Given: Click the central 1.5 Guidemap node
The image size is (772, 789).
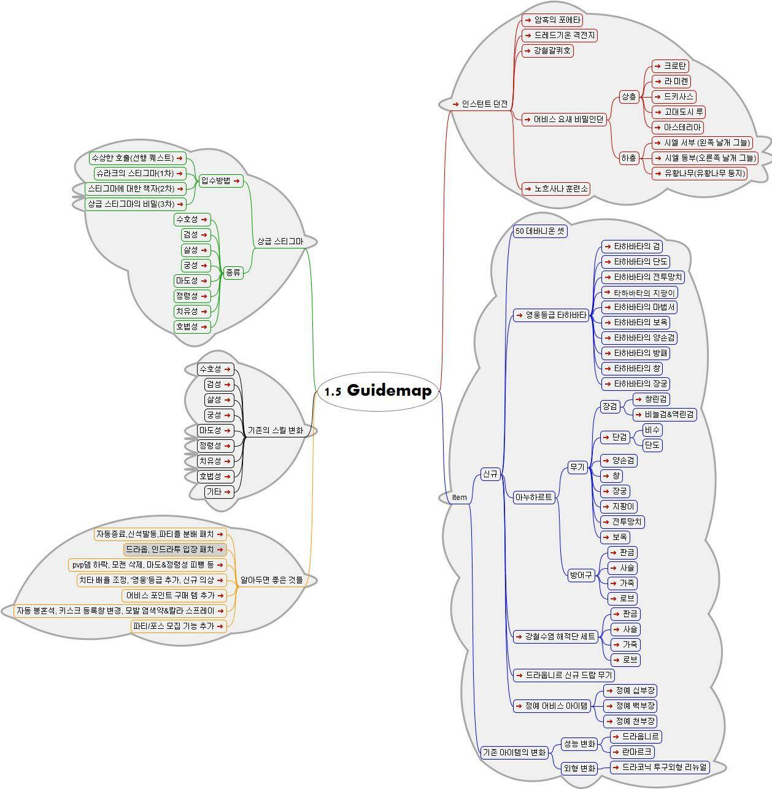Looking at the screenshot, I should (x=378, y=391).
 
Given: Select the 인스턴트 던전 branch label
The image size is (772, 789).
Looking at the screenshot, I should (x=481, y=104).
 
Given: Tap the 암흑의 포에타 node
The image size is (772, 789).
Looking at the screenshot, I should (x=552, y=20).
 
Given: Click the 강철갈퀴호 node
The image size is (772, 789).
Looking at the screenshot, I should (x=547, y=51).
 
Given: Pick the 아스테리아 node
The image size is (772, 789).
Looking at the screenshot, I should (x=677, y=128).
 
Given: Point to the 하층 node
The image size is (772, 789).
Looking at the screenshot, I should (x=629, y=158).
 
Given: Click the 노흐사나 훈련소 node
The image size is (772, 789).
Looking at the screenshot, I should (x=555, y=189).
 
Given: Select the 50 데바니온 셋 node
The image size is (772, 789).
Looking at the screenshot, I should (x=539, y=231).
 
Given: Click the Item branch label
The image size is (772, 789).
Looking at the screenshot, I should (x=459, y=498).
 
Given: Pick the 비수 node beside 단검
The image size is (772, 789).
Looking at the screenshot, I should (x=652, y=429).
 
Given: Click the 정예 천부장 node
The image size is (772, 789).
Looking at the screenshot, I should (x=630, y=722).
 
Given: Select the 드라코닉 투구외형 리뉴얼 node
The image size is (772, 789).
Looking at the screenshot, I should (x=660, y=767).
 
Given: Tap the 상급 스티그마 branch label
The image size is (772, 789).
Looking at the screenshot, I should (x=280, y=242).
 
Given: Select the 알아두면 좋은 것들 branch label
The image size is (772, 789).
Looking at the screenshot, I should (x=271, y=580).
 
